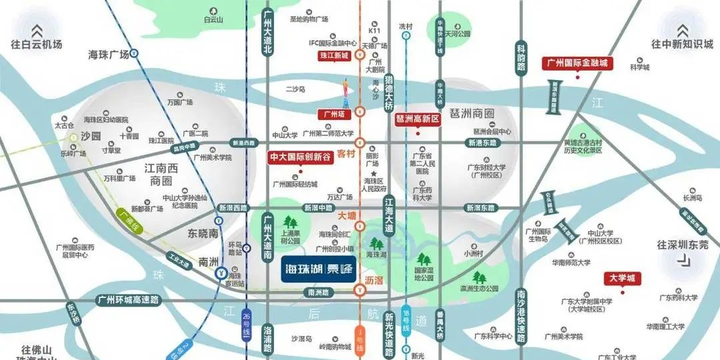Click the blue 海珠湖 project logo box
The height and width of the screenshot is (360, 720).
pyautogui.click(x=319, y=269)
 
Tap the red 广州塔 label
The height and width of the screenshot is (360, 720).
pyautogui.click(x=333, y=113)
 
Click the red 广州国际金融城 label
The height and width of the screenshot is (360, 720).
pyautogui.click(x=577, y=63)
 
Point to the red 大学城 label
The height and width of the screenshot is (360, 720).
pyautogui.click(x=623, y=277)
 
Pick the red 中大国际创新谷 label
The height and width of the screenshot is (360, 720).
pyautogui.click(x=299, y=158)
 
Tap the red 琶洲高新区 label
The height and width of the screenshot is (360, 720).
pyautogui.click(x=419, y=119)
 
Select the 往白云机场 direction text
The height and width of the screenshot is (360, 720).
pyautogui.click(x=37, y=44)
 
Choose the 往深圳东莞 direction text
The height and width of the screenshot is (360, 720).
pyautogui.click(x=683, y=245)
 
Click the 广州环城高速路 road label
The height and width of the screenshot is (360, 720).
pyautogui.click(x=128, y=300)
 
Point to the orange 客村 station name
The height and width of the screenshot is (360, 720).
pyautogui.click(x=346, y=153)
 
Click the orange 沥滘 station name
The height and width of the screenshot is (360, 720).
pyautogui.click(x=375, y=281)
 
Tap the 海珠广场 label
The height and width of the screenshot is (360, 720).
pyautogui.click(x=108, y=53)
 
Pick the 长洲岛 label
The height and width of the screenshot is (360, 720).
pyautogui.click(x=693, y=198)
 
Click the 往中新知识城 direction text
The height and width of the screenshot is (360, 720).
pyautogui.click(x=683, y=44)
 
